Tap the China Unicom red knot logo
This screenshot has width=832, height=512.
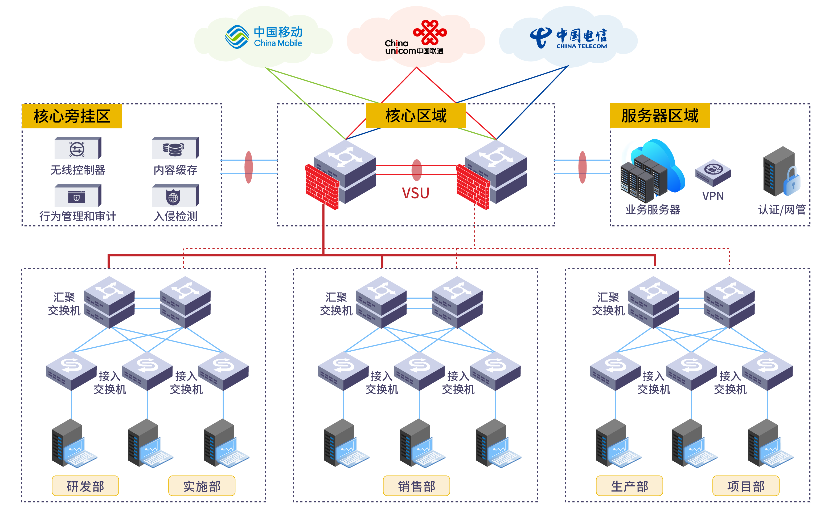click(x=430, y=32)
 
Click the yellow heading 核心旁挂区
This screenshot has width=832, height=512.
click(x=72, y=116)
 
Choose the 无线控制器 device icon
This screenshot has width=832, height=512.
click(x=77, y=148)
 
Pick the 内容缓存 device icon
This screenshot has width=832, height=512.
click(x=175, y=148)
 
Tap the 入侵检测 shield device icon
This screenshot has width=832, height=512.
click(x=175, y=196)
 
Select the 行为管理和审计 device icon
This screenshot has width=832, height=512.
click(x=77, y=196)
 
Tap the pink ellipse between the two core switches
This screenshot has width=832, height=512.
click(x=416, y=170)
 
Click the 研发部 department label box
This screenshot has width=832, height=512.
click(x=85, y=486)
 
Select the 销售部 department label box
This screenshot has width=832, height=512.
click(x=416, y=486)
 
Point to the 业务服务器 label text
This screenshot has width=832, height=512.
click(x=652, y=210)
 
